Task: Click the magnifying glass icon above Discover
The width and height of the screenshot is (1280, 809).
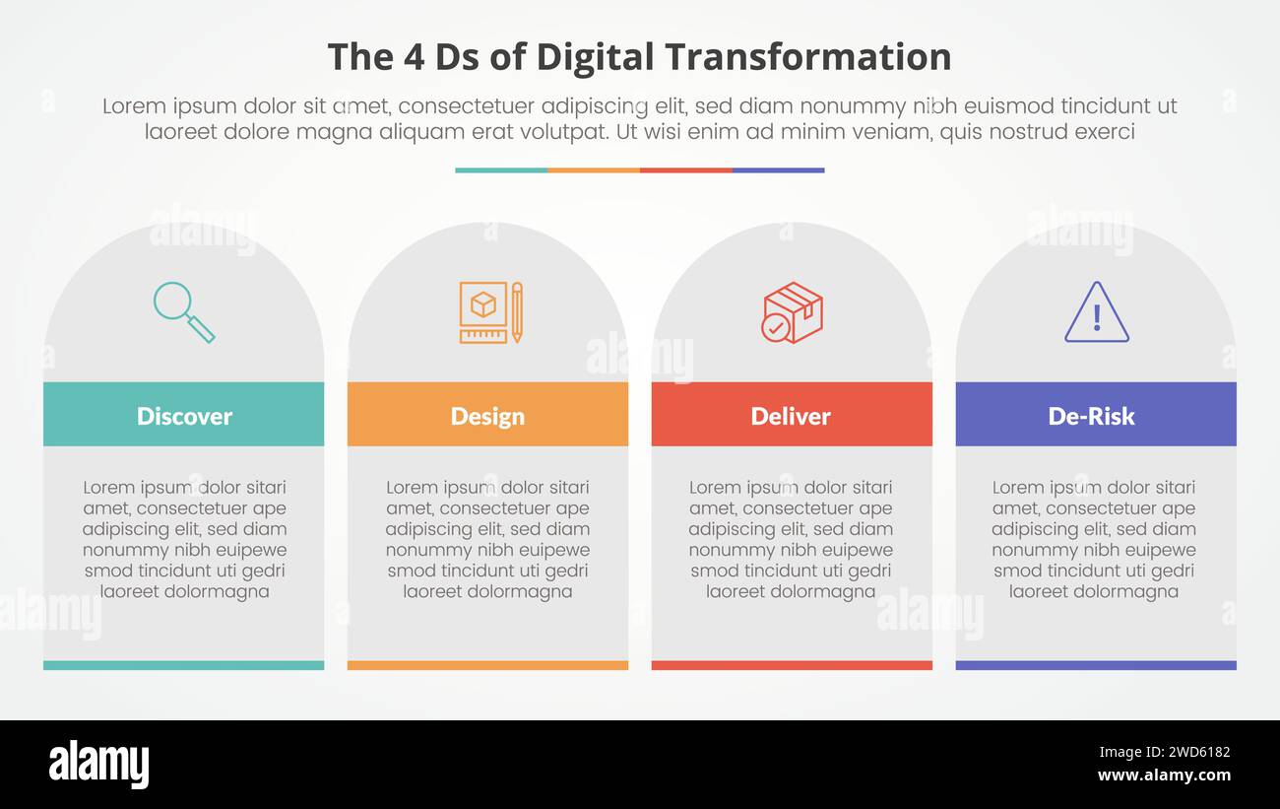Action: [x=183, y=312]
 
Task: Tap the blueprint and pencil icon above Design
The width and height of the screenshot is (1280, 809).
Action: [x=489, y=312]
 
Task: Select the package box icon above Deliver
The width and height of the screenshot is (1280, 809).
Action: [x=792, y=312]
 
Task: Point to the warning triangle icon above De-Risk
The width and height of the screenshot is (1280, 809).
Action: [x=1096, y=312]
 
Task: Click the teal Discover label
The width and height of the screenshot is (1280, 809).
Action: [x=184, y=415]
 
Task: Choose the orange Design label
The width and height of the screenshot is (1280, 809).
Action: [x=487, y=415]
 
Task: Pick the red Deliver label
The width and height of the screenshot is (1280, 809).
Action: [x=791, y=415]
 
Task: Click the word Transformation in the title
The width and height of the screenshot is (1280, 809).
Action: [x=809, y=57]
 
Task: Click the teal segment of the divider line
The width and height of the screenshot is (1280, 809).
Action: [x=501, y=170]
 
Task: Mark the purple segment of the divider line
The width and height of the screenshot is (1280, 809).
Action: [x=778, y=170]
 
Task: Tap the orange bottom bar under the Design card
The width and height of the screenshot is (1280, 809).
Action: [x=487, y=665]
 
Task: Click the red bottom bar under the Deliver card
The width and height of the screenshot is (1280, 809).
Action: [x=792, y=665]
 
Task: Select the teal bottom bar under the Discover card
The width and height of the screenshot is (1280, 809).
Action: [x=184, y=665]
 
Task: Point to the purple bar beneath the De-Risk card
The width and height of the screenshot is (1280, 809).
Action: [x=1095, y=665]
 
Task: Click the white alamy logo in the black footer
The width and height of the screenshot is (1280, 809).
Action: [x=98, y=765]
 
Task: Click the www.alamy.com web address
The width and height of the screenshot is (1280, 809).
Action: [x=1163, y=775]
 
